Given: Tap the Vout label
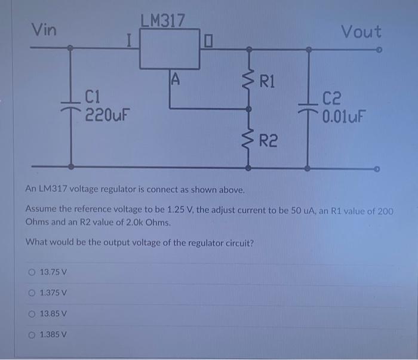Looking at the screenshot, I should coord(361,32).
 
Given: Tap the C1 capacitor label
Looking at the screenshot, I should coord(95,96).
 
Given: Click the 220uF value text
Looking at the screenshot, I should coord(108,113).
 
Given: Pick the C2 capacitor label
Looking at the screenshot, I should coord(332,97).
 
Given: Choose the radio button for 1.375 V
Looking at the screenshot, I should coord(32,293).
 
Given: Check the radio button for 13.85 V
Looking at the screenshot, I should coord(32,314).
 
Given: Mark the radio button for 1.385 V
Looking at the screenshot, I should coord(32,335).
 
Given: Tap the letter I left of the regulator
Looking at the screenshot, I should coord(129,41).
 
